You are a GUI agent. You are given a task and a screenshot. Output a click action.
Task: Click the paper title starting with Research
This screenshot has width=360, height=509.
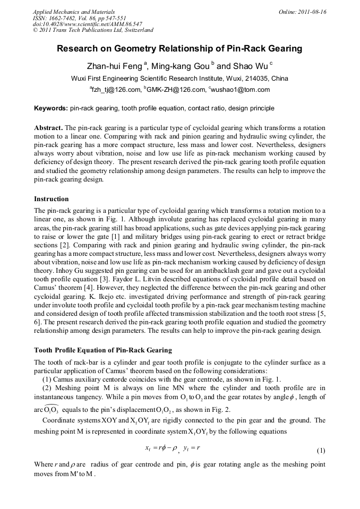tap(179, 49)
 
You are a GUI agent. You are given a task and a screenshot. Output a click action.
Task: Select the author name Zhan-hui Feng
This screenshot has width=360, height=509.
tap(115, 66)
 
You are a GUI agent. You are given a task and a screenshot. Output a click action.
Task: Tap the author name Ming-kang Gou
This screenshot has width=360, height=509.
tap(178, 66)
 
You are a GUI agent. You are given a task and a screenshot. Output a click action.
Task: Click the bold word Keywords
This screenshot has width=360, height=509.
tap(51, 108)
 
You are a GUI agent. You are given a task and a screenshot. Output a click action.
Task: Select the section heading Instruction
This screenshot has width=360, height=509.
tap(52, 199)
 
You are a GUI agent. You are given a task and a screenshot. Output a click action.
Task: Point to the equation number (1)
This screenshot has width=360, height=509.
tap(321, 451)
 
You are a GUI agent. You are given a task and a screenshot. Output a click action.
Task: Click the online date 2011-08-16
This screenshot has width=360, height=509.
tap(313, 12)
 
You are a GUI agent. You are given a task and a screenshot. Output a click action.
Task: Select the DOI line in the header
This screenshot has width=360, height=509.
tap(87, 24)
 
